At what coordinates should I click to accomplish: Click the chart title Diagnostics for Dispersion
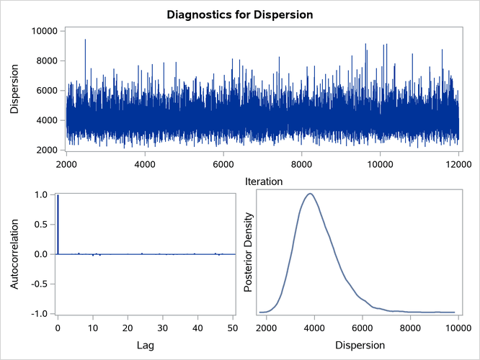click(240, 14)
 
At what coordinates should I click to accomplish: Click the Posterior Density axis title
click(249, 253)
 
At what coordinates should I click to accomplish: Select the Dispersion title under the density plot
click(360, 346)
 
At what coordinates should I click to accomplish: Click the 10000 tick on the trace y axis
click(43, 30)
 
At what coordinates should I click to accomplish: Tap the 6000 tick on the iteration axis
click(223, 164)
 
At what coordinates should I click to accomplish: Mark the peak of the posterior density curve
click(310, 194)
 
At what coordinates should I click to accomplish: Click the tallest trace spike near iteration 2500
click(85, 40)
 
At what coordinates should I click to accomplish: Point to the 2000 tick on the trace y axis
click(45, 150)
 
